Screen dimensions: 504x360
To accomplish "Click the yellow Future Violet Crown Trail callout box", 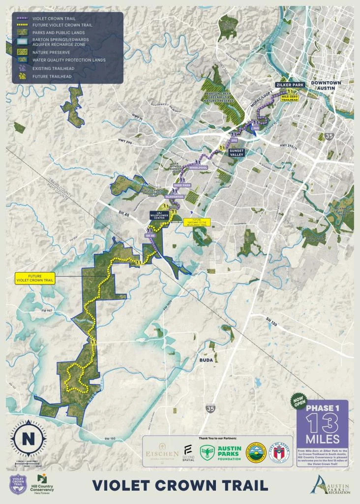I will pyautogui.click(x=34, y=278).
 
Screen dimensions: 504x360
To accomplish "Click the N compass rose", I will pyautogui.click(x=28, y=436).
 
